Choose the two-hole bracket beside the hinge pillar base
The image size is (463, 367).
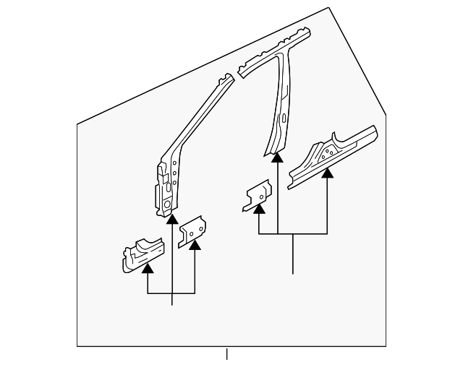click(192, 229)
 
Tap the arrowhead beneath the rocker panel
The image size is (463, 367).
click(328, 172)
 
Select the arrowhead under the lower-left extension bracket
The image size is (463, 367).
click(148, 269)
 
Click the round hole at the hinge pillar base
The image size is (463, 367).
click(166, 204)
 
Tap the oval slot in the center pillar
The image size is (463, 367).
click(284, 117)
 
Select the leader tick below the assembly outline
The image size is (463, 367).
click(226, 354)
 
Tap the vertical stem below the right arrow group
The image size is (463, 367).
click(293, 254)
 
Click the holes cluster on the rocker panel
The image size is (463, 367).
click(328, 151)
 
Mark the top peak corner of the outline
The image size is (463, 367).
click(329, 8)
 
